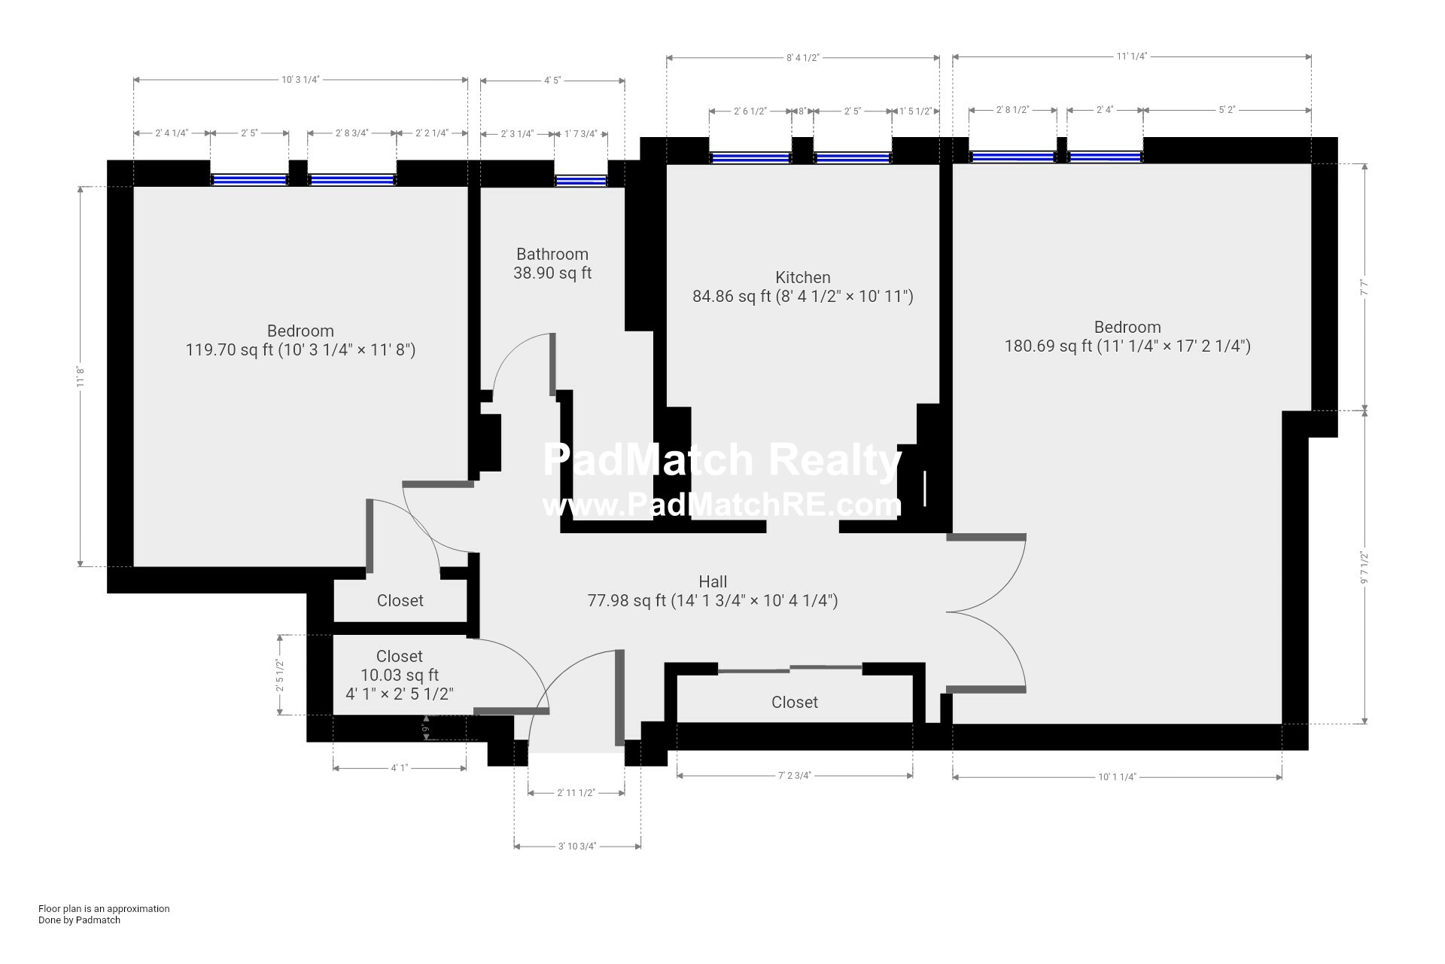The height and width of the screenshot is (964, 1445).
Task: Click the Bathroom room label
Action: [552, 254]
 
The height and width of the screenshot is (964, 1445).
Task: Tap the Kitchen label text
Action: [803, 277]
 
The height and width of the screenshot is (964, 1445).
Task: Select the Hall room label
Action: [713, 581]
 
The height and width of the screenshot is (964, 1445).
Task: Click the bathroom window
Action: [580, 180]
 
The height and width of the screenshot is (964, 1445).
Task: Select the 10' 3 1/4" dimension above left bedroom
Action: [301, 79]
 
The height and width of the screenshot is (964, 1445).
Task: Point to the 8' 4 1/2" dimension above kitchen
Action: [802, 57]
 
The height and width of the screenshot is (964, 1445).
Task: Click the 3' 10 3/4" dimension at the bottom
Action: [577, 846]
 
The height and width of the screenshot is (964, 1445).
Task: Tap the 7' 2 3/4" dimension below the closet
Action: [795, 775]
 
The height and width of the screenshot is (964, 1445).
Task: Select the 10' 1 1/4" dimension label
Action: [1117, 776]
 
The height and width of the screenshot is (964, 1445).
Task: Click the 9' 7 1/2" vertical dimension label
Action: [1364, 568]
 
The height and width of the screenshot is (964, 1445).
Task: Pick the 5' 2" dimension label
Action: [1227, 110]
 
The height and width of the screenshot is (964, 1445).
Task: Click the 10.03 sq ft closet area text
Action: [400, 675]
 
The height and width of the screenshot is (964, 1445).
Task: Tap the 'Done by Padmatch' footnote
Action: [79, 920]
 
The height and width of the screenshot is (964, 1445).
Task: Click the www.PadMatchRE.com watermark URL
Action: [722, 505]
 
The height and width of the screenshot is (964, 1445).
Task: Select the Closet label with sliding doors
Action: [795, 702]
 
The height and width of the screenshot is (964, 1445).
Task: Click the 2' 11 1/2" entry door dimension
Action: [576, 792]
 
